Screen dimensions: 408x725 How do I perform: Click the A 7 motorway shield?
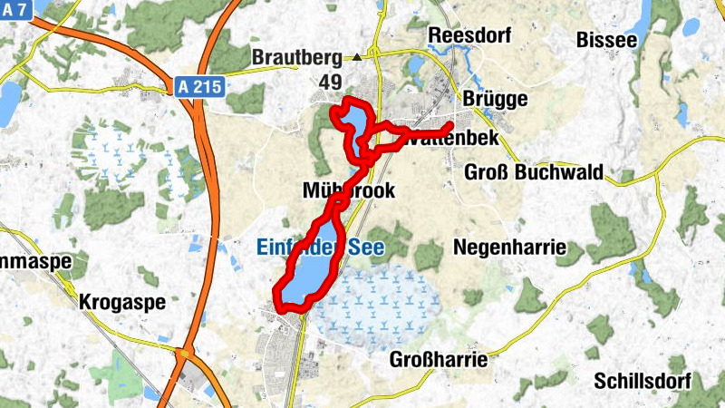click(15, 8)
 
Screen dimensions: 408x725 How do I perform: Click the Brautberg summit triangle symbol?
click(357, 57)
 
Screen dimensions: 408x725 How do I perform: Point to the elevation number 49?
click(330, 83)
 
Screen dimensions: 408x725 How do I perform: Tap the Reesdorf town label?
click(469, 35)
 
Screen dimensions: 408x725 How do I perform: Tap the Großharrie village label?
click(439, 360)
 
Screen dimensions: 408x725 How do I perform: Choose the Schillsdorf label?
click(643, 381)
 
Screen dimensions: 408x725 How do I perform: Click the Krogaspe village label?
click(122, 302)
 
